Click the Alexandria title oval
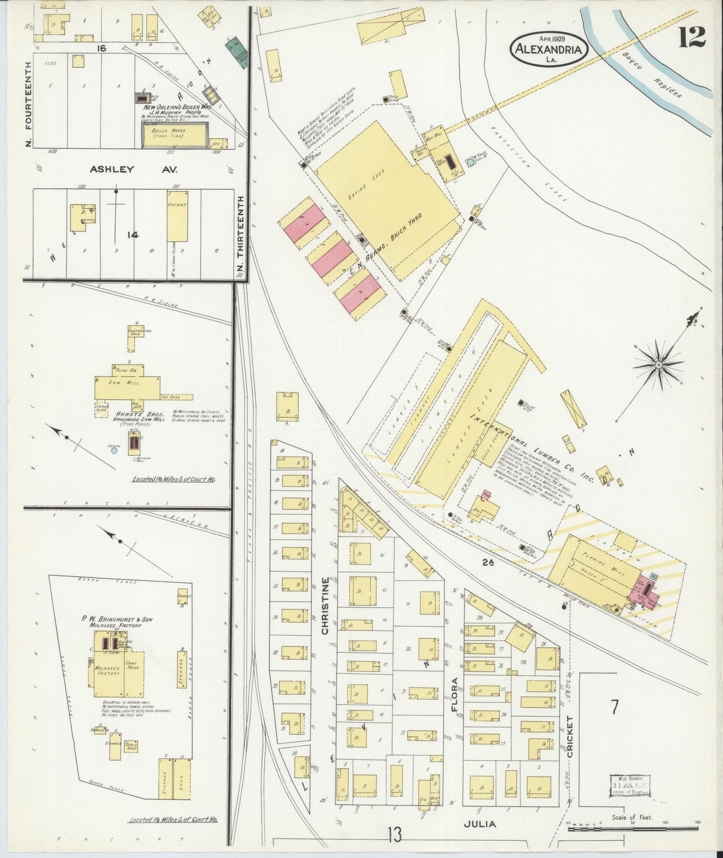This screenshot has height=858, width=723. (x=549, y=50)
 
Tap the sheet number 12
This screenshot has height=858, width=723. (x=692, y=37)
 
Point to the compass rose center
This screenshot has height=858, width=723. (x=658, y=365)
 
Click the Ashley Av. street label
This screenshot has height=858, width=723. (x=133, y=169)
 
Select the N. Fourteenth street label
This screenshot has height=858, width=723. (x=28, y=104)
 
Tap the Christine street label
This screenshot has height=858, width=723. (x=326, y=606)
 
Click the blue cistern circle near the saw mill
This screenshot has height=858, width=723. (x=114, y=451)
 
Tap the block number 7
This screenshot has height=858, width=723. (x=614, y=707)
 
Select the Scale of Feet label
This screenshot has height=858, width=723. (x=632, y=817)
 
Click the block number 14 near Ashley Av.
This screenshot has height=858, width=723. (x=133, y=235)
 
